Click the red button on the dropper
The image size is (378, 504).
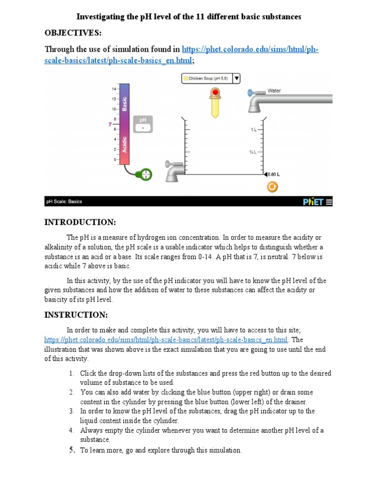tap(215, 93)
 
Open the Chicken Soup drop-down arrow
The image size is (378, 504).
tap(236, 78)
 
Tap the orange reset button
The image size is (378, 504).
tap(272, 187)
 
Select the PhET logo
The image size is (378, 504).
tap(313, 201)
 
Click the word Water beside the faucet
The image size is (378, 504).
tap(274, 91)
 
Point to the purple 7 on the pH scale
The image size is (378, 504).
tap(110, 125)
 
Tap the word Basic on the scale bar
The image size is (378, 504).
tap(125, 104)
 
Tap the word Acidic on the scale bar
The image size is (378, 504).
tap(125, 144)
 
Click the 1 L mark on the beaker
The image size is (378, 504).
tap(253, 129)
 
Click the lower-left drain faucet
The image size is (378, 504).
tap(173, 170)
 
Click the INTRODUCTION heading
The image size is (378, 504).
tap(80, 222)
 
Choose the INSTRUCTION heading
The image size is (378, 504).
tap(75, 315)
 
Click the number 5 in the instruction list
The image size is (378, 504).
tap(71, 450)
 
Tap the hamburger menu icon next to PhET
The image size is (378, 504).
tap(329, 201)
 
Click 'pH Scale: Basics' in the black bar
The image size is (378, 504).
tap(64, 201)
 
